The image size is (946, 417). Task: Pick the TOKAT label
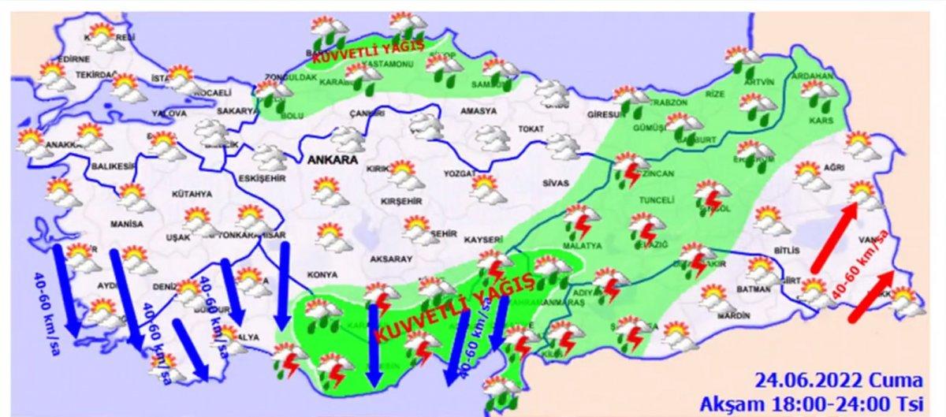click(x=531, y=128)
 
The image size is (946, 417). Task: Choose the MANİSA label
click(x=128, y=224)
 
